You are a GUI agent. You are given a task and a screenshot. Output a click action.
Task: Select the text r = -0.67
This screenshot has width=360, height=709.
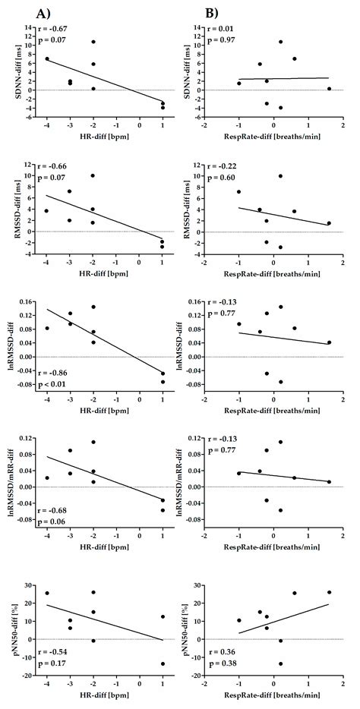[51, 29]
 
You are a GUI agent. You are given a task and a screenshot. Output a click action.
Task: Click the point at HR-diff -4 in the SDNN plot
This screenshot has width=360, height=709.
[47, 58]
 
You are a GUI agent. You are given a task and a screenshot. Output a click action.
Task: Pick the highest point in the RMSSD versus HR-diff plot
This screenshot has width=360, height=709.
[93, 175]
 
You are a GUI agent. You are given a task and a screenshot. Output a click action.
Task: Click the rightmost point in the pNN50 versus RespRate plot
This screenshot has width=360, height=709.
[329, 592]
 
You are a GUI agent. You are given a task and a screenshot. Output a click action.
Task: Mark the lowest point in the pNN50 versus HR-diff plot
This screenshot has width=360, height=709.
[162, 663]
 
